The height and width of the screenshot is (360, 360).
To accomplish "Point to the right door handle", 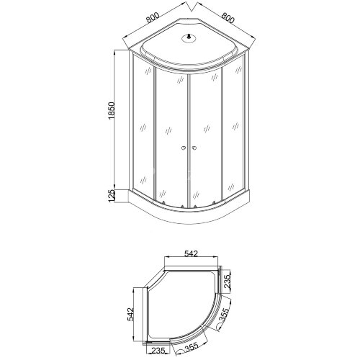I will tap(194, 148).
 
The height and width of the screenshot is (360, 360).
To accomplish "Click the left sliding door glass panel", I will tap(171, 137).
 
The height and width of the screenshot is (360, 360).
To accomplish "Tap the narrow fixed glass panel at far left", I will tap(143, 130).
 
